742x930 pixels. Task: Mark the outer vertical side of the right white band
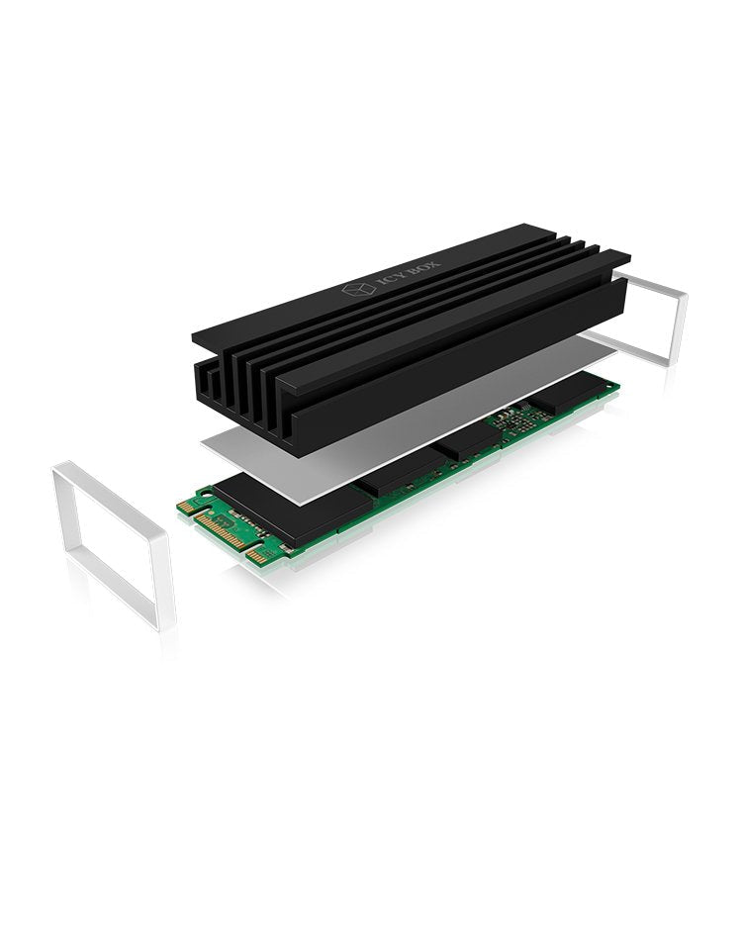pyautogui.click(x=684, y=327)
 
